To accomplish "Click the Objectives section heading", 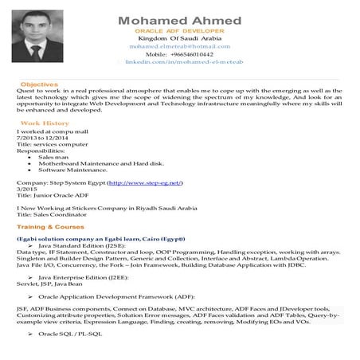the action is (39, 84).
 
